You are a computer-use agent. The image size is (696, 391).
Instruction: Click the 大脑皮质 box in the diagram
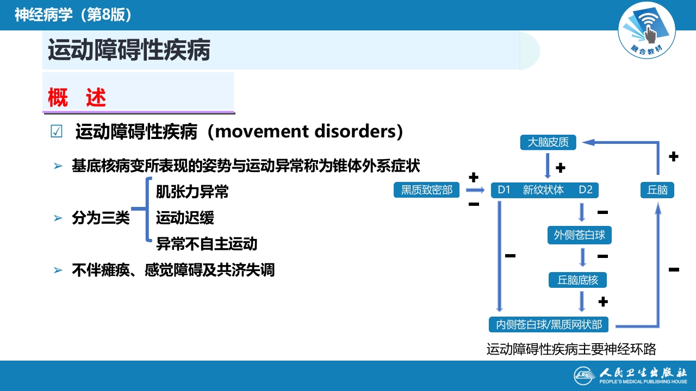coord(548,142)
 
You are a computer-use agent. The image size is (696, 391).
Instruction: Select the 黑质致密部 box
coord(427,190)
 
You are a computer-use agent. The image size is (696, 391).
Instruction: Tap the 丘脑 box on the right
coord(657,190)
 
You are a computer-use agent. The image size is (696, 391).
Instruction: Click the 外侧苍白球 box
coord(580,235)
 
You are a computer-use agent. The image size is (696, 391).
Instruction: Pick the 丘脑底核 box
coord(577,280)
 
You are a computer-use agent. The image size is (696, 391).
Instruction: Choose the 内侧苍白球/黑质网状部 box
coord(549,324)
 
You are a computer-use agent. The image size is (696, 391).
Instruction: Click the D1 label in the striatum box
coord(504,190)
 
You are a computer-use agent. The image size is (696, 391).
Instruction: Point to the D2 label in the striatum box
coord(585,190)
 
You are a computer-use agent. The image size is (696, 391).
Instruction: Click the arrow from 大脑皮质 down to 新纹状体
coord(548,166)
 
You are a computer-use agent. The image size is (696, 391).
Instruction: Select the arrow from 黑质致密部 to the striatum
coord(475,190)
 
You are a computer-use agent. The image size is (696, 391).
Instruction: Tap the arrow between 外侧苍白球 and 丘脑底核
coord(582,257)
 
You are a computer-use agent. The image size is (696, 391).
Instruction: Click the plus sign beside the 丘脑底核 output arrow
coord(602,301)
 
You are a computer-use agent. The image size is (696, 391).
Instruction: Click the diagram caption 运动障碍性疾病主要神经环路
coord(571,349)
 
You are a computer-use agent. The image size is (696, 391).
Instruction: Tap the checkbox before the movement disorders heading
coord(56,132)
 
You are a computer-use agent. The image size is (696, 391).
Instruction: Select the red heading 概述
coord(77,98)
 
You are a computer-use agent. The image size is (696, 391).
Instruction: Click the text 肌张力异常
coord(192,192)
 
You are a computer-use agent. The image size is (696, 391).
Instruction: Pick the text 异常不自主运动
coord(207,244)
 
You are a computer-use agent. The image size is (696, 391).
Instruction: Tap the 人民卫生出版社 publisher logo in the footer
coord(631,375)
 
